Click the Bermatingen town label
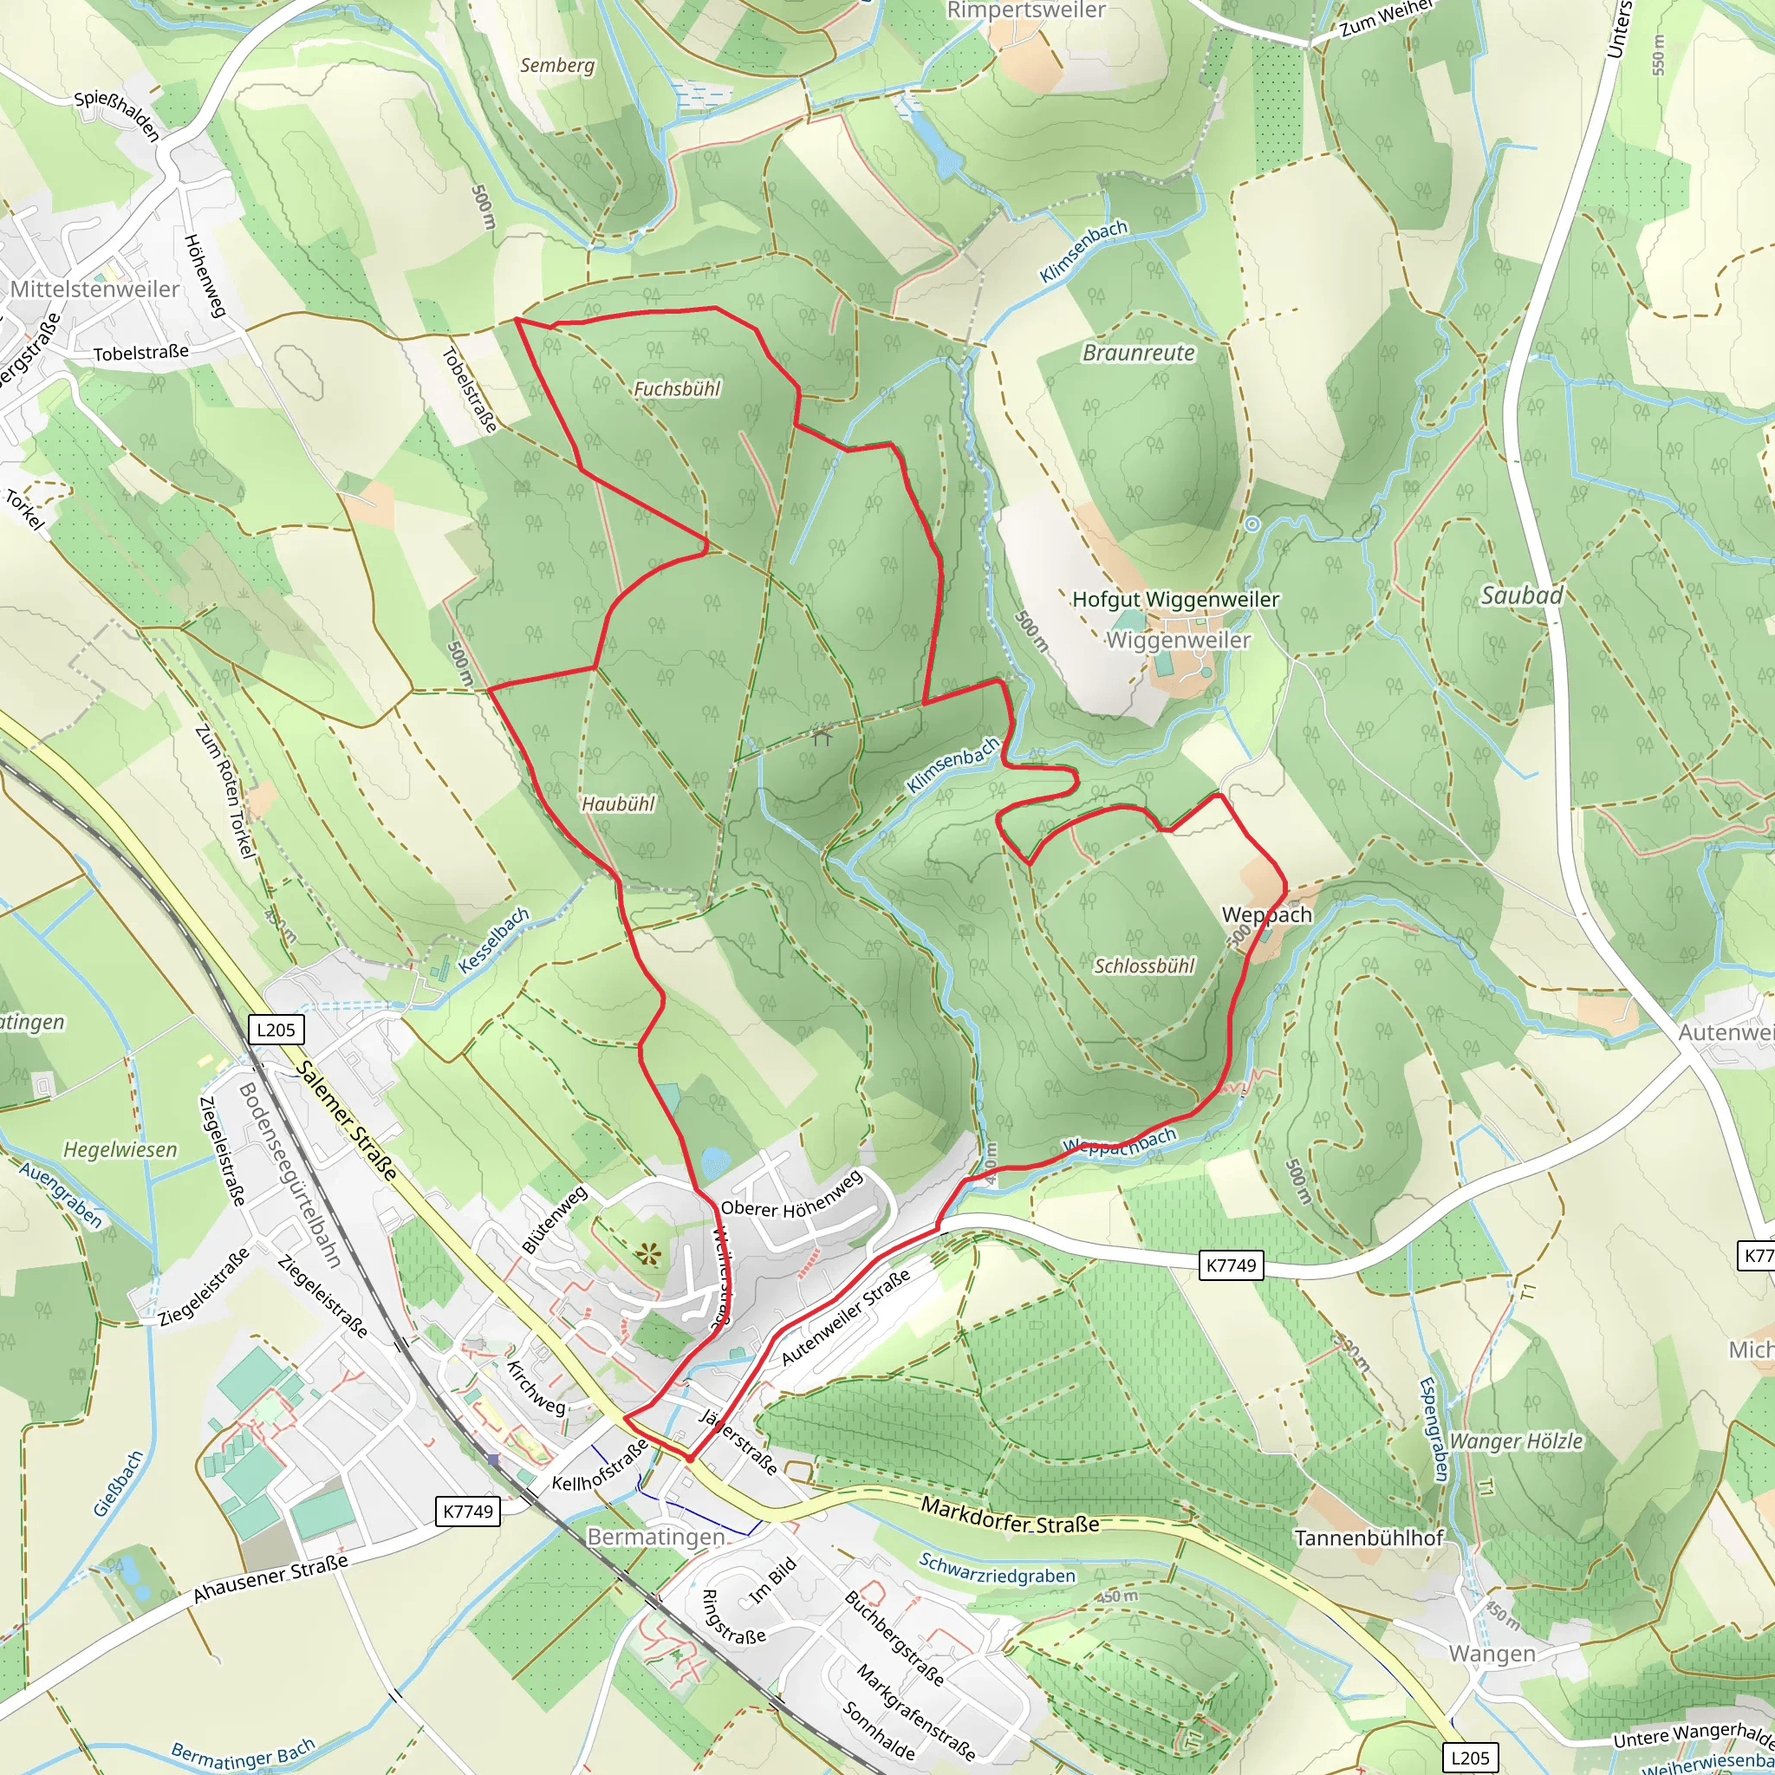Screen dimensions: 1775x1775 click(655, 1536)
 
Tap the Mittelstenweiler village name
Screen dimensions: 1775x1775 click(94, 289)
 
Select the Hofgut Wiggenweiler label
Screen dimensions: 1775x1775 click(1175, 600)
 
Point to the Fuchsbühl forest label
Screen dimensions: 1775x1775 click(677, 388)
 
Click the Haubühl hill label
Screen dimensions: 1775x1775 click(618, 804)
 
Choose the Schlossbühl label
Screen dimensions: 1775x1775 click(1144, 966)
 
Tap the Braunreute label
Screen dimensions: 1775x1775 click(1138, 353)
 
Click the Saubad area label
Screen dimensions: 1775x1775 click(1521, 596)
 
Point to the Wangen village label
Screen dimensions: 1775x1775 click(1492, 1654)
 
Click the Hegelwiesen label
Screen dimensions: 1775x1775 click(120, 1149)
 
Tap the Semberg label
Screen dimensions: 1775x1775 click(556, 65)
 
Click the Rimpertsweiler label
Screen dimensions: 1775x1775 click(1026, 11)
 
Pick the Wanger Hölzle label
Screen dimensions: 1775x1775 click(1516, 1440)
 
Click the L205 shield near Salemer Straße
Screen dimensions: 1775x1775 click(276, 1029)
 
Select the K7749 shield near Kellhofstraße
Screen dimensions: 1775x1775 click(468, 1511)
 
